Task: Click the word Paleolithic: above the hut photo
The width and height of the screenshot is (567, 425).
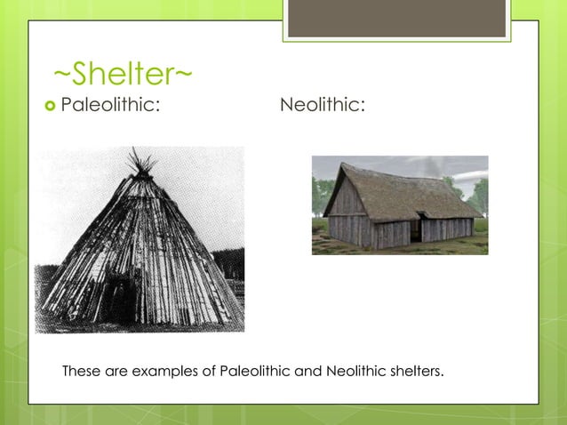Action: [110, 108]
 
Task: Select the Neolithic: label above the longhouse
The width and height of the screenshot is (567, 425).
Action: [322, 108]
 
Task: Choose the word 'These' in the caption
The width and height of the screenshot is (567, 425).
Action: [81, 370]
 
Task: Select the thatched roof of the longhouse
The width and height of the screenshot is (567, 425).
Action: [400, 190]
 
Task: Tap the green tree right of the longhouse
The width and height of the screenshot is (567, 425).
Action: [479, 193]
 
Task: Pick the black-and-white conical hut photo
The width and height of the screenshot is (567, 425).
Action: [140, 240]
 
